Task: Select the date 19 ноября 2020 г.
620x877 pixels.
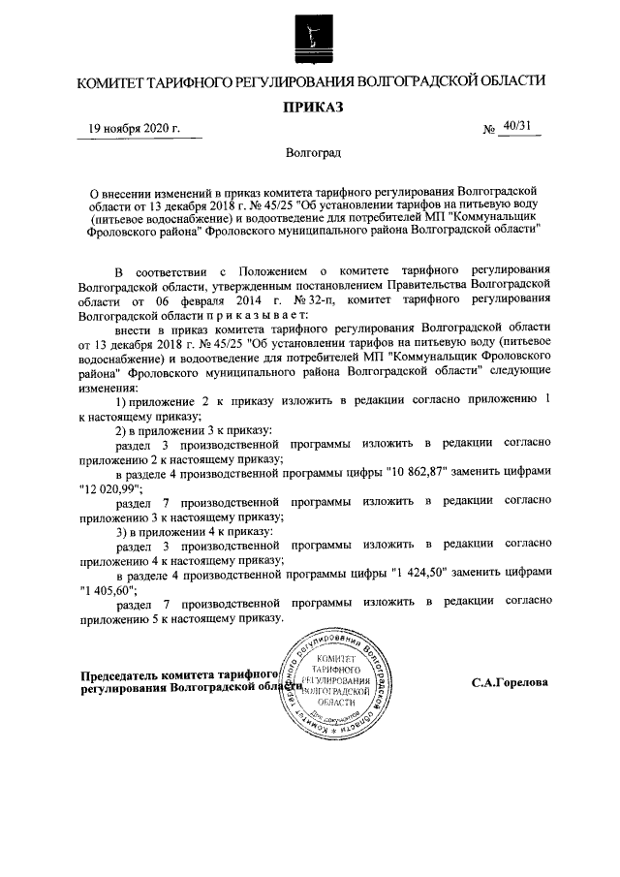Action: [134, 130]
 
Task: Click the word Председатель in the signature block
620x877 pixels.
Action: [119, 674]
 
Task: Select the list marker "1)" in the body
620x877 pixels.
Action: [122, 399]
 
